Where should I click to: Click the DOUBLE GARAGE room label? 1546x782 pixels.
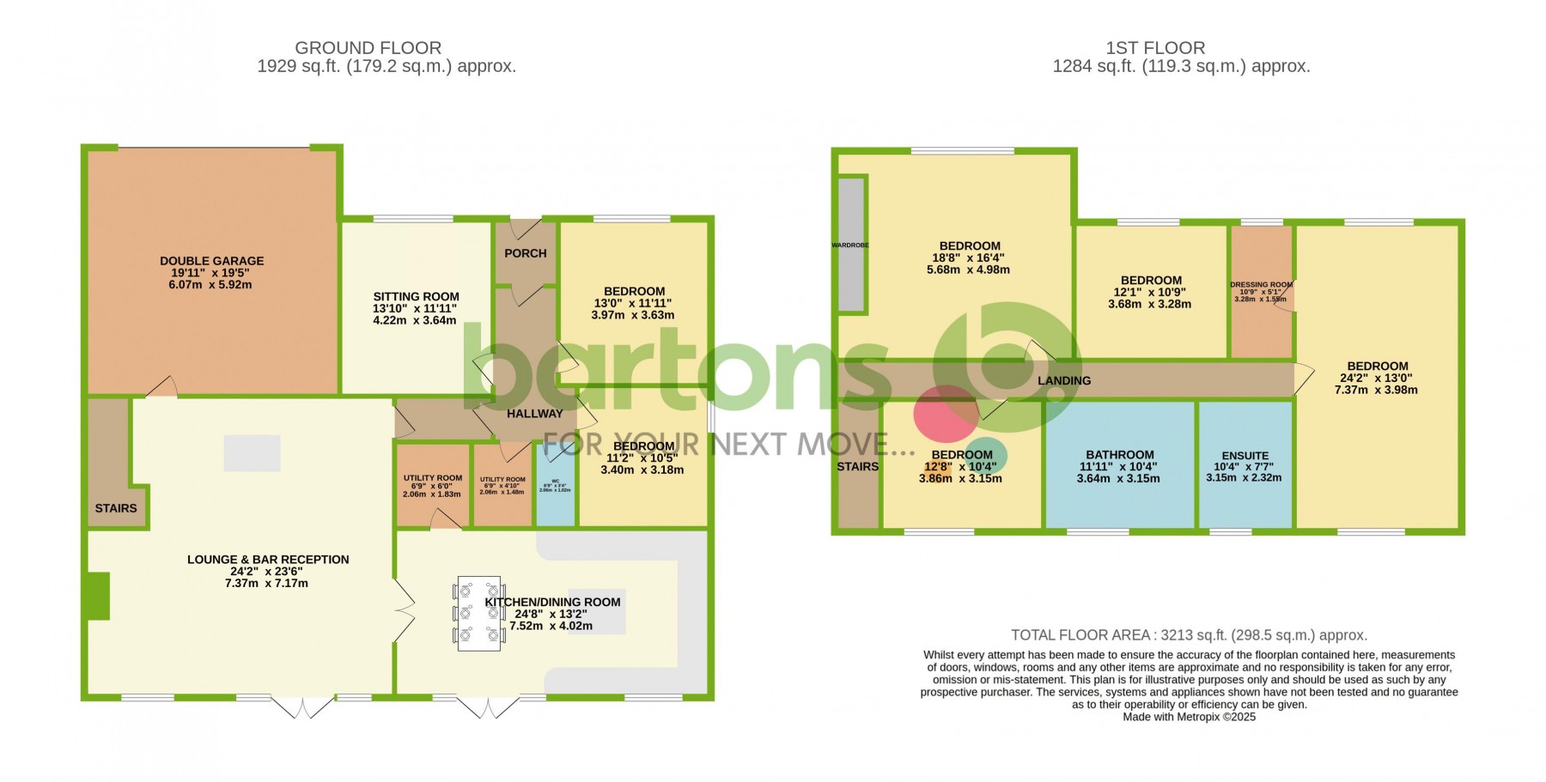pyautogui.click(x=211, y=261)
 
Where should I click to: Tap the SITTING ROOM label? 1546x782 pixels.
pyautogui.click(x=416, y=297)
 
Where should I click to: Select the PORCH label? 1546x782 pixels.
pyautogui.click(x=525, y=253)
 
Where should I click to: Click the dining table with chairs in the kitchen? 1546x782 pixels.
pyautogui.click(x=478, y=613)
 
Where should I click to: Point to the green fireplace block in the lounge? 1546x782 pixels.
pyautogui.click(x=98, y=596)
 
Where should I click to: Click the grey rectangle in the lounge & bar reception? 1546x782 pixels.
pyautogui.click(x=252, y=453)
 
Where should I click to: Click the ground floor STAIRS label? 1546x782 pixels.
pyautogui.click(x=115, y=508)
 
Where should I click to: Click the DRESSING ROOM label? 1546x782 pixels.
pyautogui.click(x=1260, y=285)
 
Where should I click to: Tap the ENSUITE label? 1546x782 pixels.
pyautogui.click(x=1245, y=456)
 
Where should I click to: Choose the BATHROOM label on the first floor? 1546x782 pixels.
pyautogui.click(x=1119, y=455)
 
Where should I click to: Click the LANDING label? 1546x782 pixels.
pyautogui.click(x=1063, y=380)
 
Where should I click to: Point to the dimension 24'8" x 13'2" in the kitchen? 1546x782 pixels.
pyautogui.click(x=551, y=614)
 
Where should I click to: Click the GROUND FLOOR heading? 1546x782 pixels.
pyautogui.click(x=368, y=48)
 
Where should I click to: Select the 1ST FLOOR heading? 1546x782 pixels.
pyautogui.click(x=1155, y=48)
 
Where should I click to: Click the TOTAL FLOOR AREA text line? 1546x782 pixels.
pyautogui.click(x=1189, y=635)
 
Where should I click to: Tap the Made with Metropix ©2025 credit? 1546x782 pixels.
pyautogui.click(x=1189, y=717)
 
